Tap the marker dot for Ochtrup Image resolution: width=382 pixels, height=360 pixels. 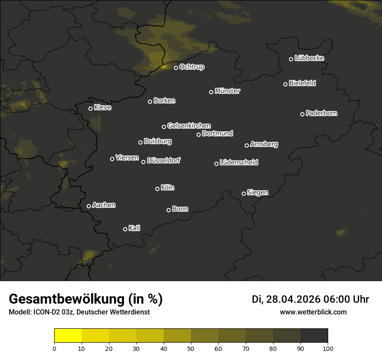[176, 68]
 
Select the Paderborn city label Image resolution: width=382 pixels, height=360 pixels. [321, 113]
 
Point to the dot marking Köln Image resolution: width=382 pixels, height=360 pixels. [157, 189]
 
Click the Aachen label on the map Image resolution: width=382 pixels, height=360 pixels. [104, 205]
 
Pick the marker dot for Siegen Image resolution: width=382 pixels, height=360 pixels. [244, 193]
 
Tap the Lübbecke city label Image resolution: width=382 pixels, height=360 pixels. [309, 58]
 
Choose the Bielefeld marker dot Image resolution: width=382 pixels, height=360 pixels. [285, 84]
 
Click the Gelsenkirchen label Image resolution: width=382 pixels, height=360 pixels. [189, 126]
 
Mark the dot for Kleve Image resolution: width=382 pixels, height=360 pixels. [90, 108]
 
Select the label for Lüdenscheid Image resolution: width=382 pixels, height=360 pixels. [239, 163]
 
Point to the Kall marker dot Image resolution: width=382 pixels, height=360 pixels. [125, 229]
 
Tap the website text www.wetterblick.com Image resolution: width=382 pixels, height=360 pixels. [313, 312]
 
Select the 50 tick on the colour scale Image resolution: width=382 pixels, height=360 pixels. [191, 348]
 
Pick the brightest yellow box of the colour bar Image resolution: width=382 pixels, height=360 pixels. [68, 336]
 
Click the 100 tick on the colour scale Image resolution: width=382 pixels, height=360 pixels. [328, 348]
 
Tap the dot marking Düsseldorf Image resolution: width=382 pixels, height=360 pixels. [143, 162]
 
